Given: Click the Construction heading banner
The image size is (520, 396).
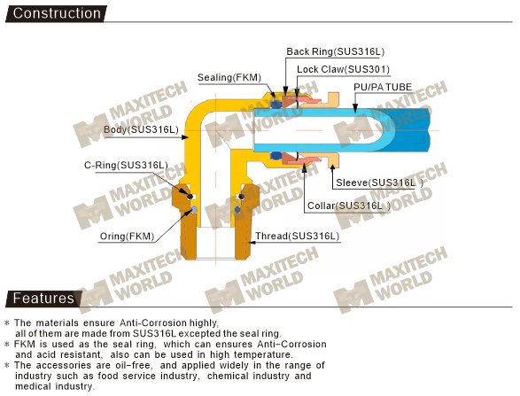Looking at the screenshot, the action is [x=56, y=13].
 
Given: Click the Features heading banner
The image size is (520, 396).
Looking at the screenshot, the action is [x=43, y=299].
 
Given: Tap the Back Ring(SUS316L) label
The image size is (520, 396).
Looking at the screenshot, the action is [x=335, y=51].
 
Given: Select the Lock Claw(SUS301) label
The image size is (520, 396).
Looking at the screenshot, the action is [x=343, y=69].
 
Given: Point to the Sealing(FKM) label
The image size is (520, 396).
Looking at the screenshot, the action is [x=229, y=78].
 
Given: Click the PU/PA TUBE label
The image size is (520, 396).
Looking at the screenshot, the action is [x=383, y=87].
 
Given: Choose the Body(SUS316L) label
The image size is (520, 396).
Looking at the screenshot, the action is [x=141, y=129].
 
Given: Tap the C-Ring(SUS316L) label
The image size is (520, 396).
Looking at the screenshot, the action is [x=126, y=165].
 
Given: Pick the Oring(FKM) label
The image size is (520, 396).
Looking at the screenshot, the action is [x=127, y=237].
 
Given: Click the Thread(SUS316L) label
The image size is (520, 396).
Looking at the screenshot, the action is [x=297, y=237].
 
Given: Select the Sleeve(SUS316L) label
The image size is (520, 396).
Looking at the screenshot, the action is [x=379, y=182].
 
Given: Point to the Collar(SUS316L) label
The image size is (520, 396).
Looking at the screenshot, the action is [x=349, y=206].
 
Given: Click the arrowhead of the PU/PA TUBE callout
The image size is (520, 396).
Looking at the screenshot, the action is [x=355, y=108].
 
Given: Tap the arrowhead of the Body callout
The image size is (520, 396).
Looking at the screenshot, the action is [x=185, y=137].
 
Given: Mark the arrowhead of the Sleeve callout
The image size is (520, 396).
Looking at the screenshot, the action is [x=332, y=167].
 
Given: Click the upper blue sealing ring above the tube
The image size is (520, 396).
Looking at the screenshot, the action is [x=276, y=105].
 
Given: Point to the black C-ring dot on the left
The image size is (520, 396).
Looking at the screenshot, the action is [x=190, y=197].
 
